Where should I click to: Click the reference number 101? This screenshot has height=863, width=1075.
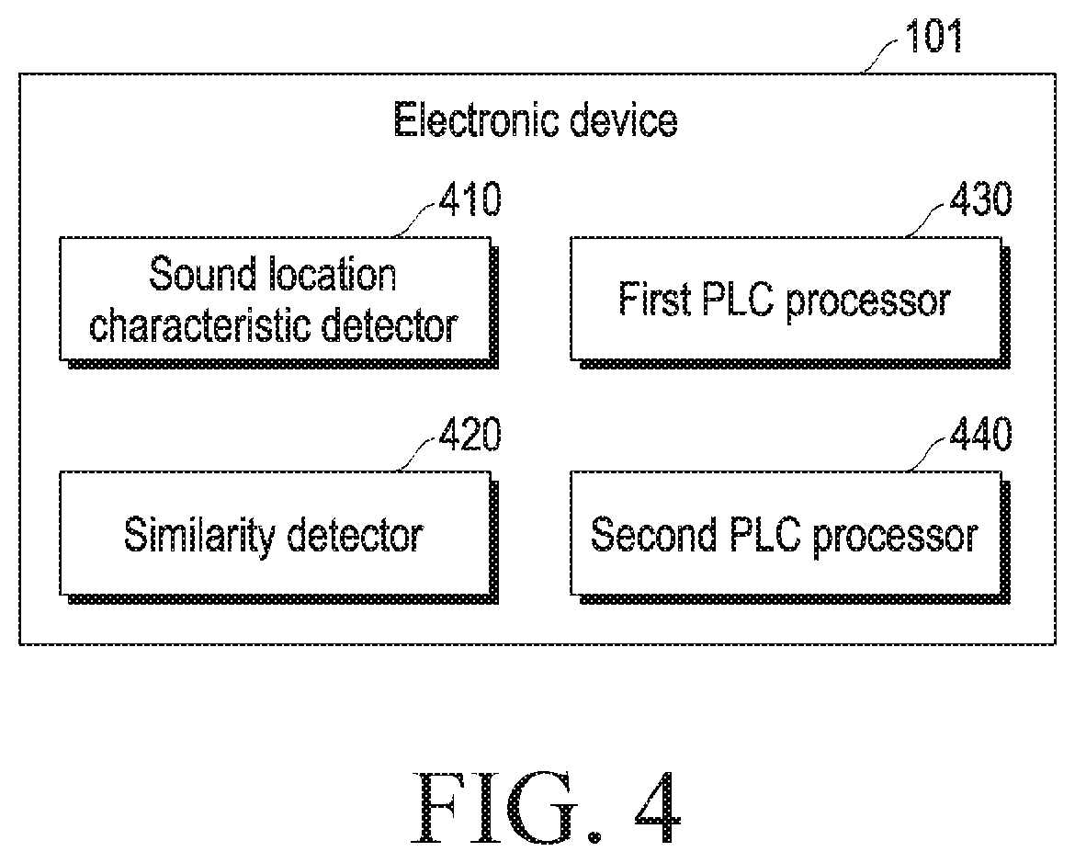point(934,37)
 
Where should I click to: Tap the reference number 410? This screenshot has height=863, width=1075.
point(470,199)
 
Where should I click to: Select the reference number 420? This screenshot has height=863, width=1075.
point(470,434)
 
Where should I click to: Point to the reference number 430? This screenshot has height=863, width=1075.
point(981,199)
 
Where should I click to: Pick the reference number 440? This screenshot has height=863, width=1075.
point(981,434)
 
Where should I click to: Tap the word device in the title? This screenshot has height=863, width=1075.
point(624,120)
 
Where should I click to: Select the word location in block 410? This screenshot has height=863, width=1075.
point(333,274)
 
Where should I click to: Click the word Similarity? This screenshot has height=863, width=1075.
point(199,535)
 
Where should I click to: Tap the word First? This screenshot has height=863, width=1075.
point(654,299)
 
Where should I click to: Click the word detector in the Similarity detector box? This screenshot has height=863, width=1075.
point(355,535)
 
